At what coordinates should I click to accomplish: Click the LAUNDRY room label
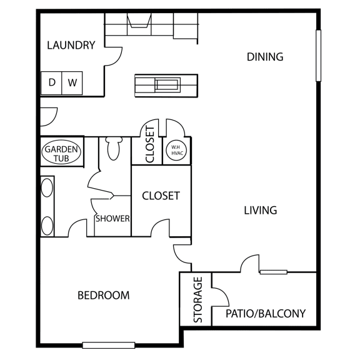71,45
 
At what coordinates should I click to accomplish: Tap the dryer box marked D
51,83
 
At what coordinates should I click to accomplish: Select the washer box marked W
72,83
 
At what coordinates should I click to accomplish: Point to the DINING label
265,57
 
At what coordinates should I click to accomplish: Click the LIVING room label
261,210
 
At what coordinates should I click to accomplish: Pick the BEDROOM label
104,295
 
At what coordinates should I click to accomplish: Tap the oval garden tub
61,152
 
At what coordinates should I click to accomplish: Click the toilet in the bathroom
114,148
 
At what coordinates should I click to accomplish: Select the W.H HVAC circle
176,151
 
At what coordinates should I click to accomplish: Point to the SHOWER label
112,219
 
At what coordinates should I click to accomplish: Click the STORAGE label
198,299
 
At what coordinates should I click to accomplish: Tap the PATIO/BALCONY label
266,314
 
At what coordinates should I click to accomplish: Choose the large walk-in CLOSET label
161,196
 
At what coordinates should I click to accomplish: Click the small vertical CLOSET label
150,144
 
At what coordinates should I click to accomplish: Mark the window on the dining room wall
318,56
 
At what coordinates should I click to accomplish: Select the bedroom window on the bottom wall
109,345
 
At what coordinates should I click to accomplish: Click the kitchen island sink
167,85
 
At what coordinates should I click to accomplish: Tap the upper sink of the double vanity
47,187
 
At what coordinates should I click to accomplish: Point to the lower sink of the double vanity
47,226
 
